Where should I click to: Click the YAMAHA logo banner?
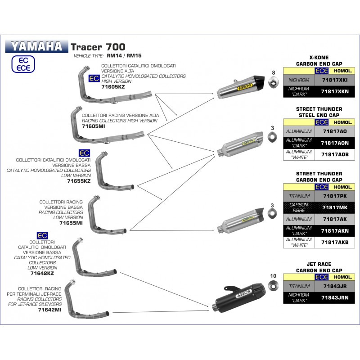point(37,46)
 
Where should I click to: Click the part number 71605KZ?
point(113,87)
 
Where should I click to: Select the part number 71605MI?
point(93,126)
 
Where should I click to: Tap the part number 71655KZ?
point(79,181)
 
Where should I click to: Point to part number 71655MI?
point(71,223)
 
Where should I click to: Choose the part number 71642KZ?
point(42,273)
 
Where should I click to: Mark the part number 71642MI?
point(49,310)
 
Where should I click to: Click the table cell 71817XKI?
point(335,80)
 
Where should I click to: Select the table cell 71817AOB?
point(335,154)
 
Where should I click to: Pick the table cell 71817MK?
point(335,207)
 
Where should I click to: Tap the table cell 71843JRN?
point(335,298)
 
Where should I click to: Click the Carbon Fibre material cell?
point(299,207)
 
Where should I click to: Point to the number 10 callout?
point(273,276)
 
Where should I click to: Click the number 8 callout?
point(274,73)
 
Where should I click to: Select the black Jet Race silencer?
point(239,297)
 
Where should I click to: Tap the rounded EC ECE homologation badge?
point(23,64)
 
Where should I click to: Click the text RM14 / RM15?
point(124,56)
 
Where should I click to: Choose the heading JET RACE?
point(319,264)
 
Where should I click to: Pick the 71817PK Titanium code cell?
point(335,196)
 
